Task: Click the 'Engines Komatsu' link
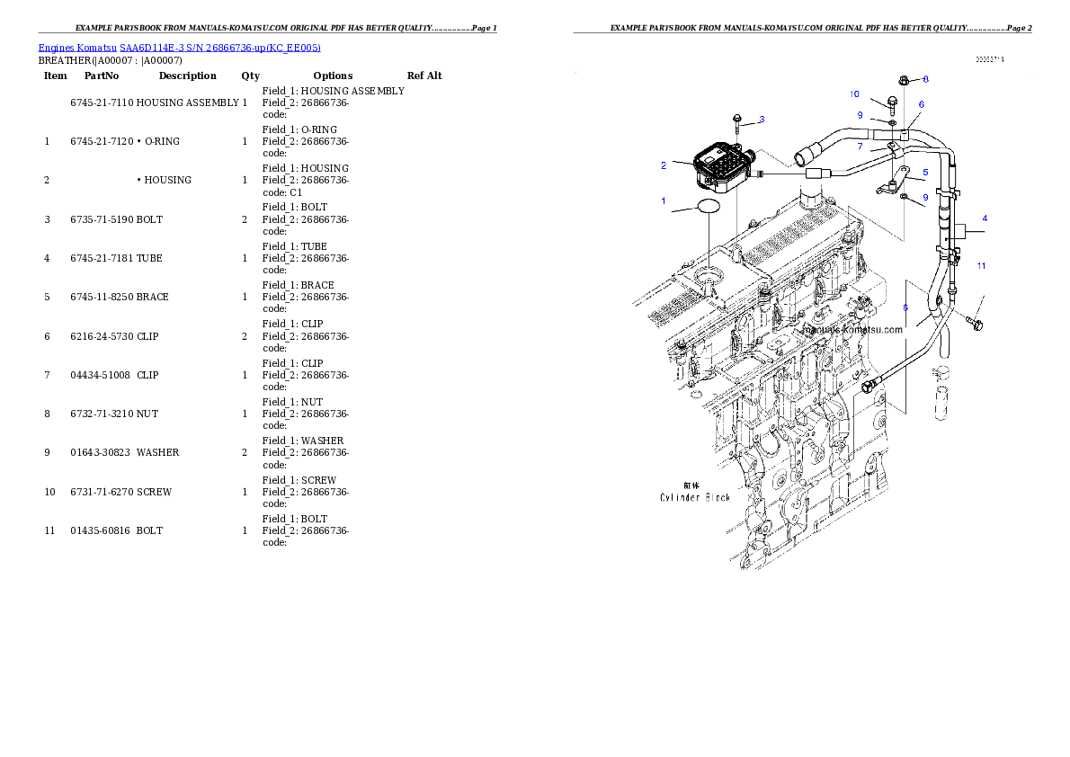pyautogui.click(x=78, y=48)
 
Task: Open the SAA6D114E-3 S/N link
pyautogui.click(x=220, y=48)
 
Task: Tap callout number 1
pyautogui.click(x=664, y=200)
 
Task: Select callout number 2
pyautogui.click(x=664, y=165)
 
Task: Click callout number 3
pyautogui.click(x=762, y=119)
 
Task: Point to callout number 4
pyautogui.click(x=984, y=218)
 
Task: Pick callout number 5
pyautogui.click(x=925, y=171)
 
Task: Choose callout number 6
pyautogui.click(x=921, y=104)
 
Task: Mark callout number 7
pyautogui.click(x=860, y=147)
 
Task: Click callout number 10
pyautogui.click(x=854, y=94)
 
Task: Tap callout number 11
pyautogui.click(x=982, y=265)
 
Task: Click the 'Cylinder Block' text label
pyautogui.click(x=695, y=497)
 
